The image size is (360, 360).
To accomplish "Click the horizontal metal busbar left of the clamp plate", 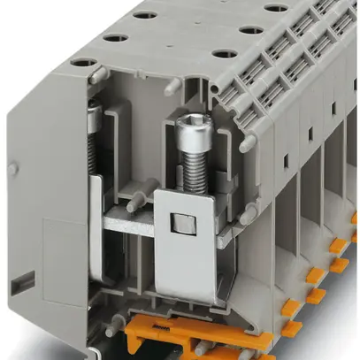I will point(128,222).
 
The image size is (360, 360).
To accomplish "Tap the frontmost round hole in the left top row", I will point(85,64).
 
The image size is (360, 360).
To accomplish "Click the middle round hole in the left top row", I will point(113,38).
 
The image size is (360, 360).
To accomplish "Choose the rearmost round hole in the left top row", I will point(144,15).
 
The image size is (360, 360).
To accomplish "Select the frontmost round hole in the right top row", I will point(225,54).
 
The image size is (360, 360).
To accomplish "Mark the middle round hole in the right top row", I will point(252,29).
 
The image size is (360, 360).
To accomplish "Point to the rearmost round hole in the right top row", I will point(276,8).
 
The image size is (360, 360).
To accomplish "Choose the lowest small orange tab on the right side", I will point(291,329).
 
